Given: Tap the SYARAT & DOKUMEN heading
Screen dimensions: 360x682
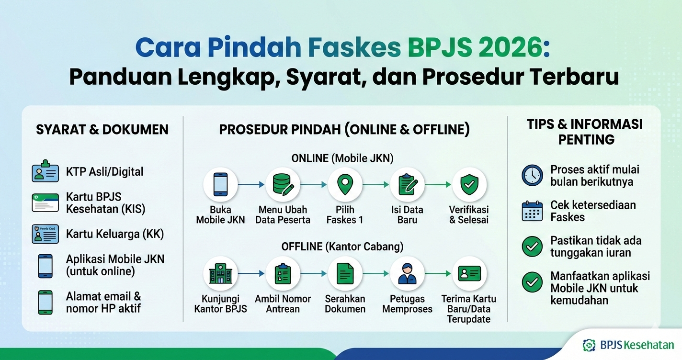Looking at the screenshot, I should click(102, 129).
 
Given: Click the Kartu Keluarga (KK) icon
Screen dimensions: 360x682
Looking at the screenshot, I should click(45, 234).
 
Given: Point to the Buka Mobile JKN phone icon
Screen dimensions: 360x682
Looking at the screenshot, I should click(220, 185).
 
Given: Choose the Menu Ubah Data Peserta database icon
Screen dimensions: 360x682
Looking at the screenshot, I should click(283, 185).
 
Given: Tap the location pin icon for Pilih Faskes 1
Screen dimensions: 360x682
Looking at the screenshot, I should click(345, 185).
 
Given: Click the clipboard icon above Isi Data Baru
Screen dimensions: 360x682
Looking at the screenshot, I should click(407, 185).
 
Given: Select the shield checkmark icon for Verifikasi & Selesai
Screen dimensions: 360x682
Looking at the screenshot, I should click(469, 185).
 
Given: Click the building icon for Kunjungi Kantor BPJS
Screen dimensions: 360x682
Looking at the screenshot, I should click(220, 274).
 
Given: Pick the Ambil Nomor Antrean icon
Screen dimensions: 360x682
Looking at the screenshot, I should click(283, 274).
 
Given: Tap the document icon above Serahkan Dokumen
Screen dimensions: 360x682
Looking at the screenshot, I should click(345, 274).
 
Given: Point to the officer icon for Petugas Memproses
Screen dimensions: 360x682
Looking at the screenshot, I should click(407, 274).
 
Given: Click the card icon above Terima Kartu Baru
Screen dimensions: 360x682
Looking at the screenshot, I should click(469, 274).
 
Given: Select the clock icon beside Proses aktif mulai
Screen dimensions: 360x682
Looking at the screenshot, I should click(532, 175).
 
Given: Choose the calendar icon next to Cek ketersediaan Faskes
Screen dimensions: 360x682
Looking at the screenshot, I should click(532, 211).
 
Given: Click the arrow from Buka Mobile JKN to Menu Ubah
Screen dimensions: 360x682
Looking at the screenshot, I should click(251, 184).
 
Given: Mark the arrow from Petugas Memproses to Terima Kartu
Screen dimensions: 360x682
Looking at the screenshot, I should click(438, 274).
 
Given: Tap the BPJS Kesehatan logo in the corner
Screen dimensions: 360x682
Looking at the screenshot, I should click(628, 345).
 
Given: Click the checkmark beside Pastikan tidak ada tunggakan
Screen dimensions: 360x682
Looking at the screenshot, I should click(532, 247).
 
